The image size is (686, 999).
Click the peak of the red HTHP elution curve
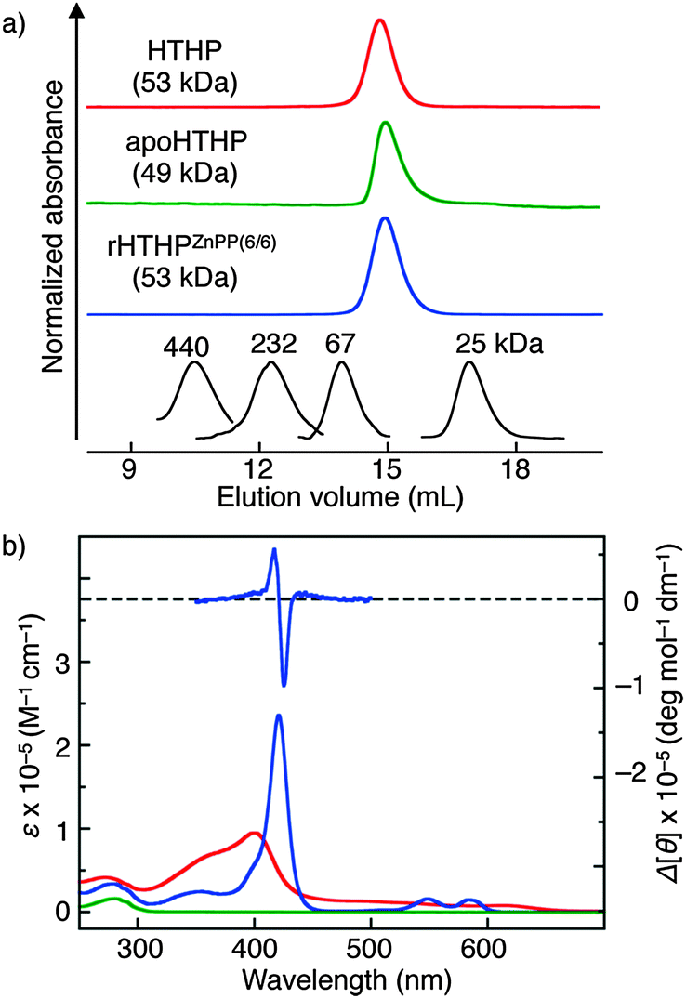pos(378,20)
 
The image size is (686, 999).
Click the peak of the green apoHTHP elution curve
pos(385,123)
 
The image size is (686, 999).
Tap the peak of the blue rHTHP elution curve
pos(385,219)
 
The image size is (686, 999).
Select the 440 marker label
pos(194,346)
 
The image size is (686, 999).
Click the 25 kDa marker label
pos(498,346)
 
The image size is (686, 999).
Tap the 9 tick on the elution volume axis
pos(131,467)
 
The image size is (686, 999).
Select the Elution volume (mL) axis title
pos(340,497)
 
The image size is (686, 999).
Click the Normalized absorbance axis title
pos(54,227)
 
